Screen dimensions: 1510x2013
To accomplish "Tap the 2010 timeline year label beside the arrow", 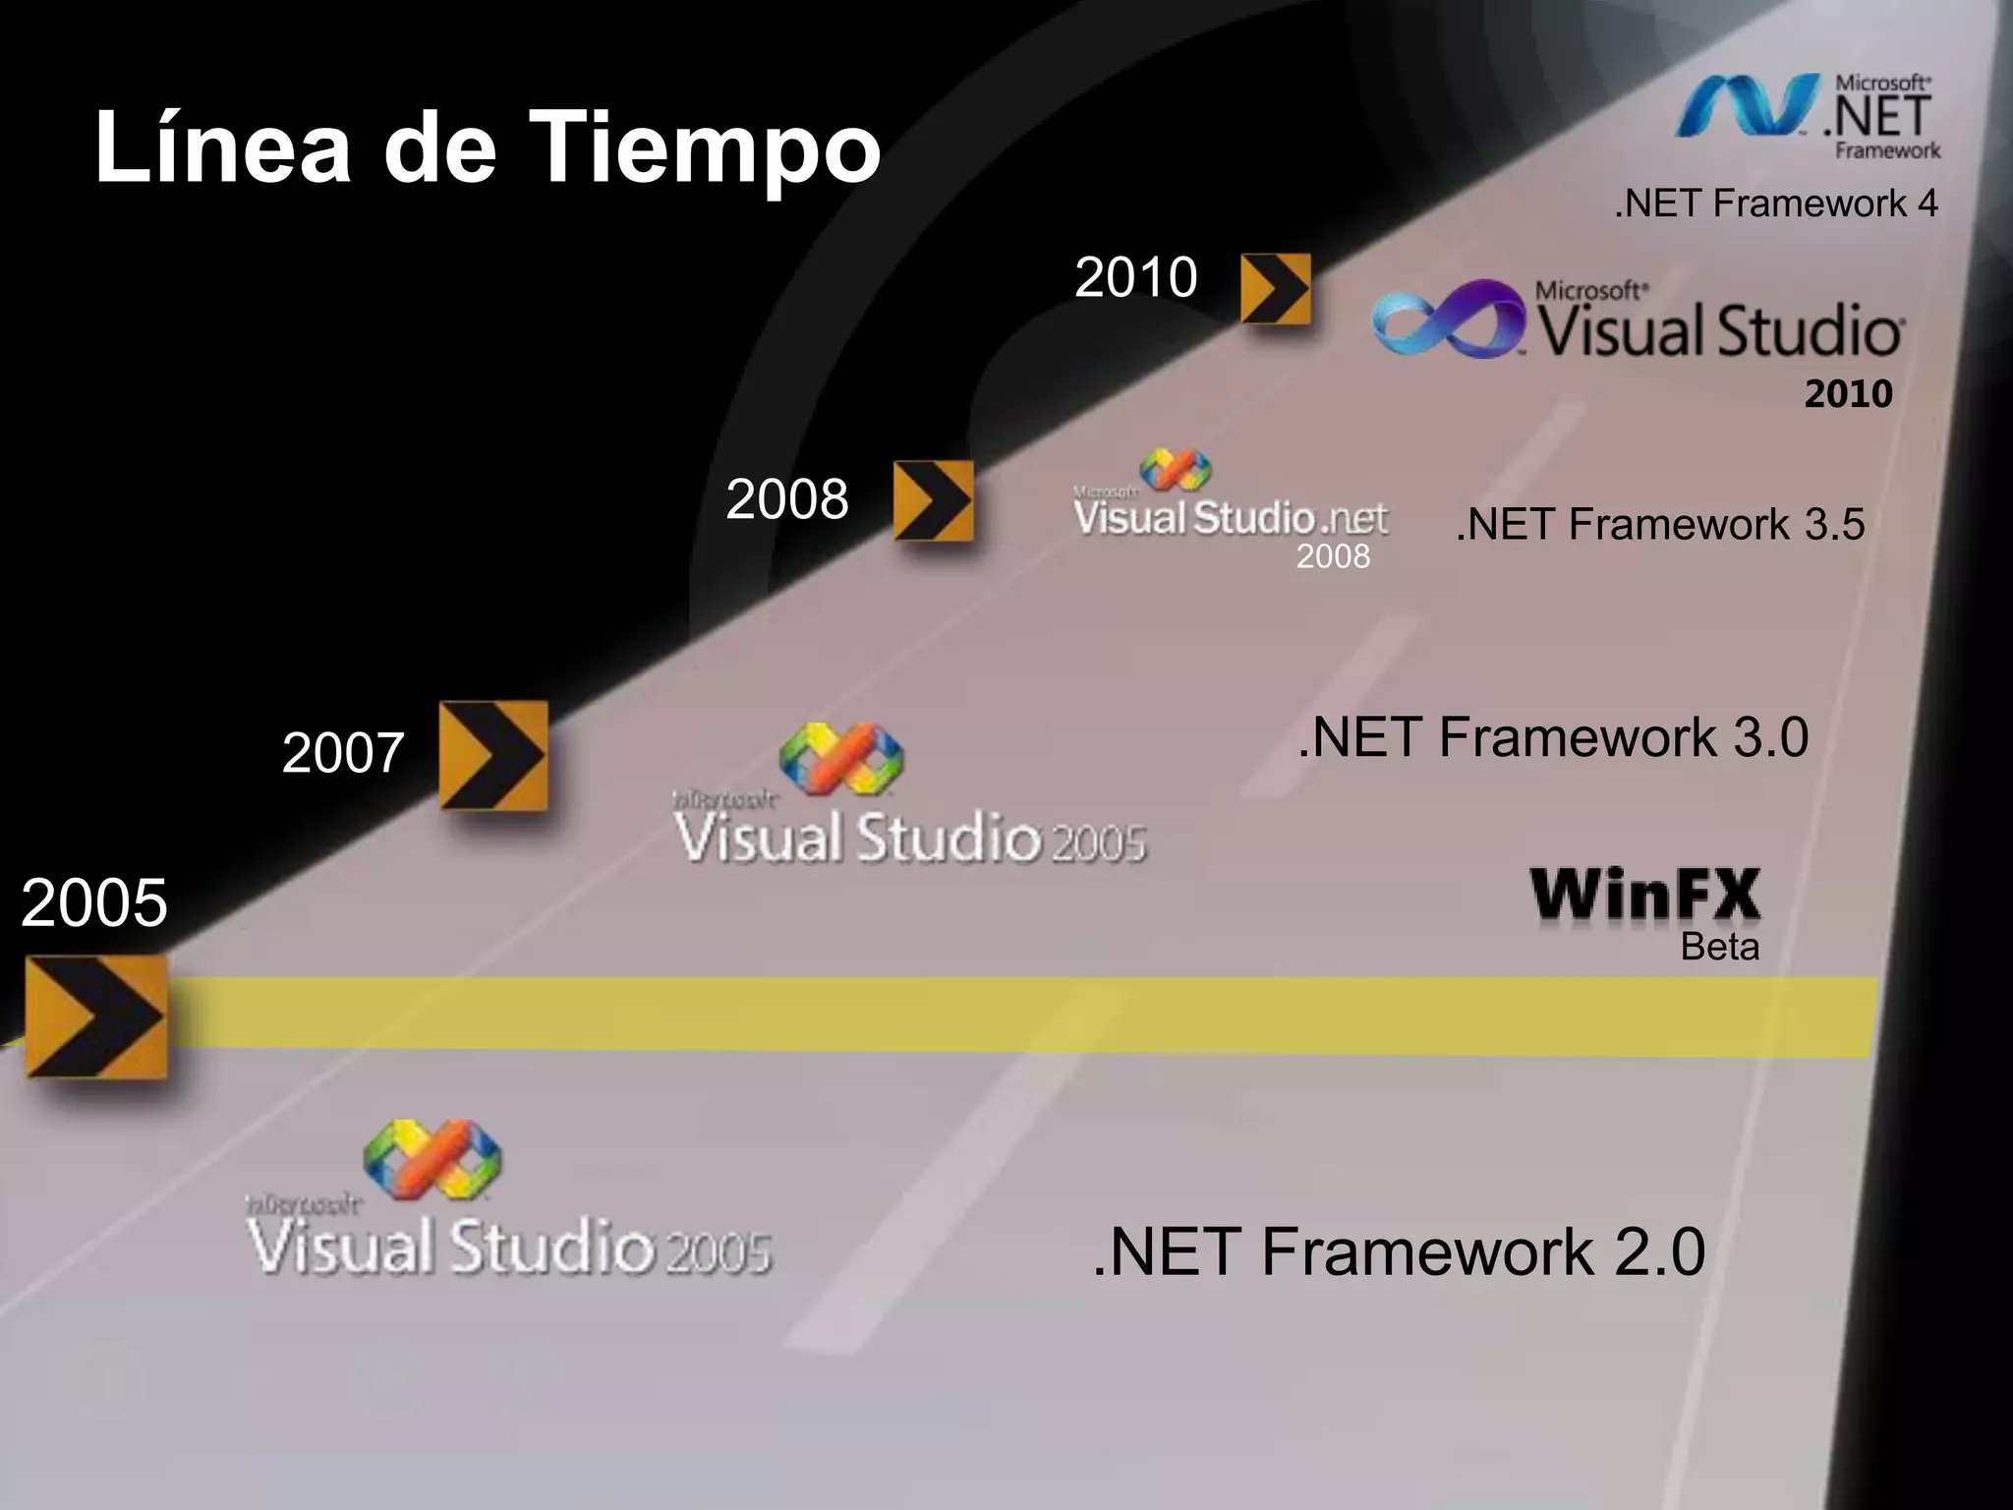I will [x=1135, y=277].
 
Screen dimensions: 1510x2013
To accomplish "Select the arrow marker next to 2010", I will [x=1276, y=288].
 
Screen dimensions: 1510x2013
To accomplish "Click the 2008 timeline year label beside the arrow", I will [x=787, y=499].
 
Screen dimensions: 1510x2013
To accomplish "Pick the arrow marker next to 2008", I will [x=933, y=500].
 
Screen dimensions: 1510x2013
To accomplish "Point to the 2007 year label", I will [x=343, y=753].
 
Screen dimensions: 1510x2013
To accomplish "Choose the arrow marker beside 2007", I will [x=492, y=755].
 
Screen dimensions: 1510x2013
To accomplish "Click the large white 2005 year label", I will [x=94, y=902].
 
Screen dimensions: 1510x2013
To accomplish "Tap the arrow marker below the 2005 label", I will [x=95, y=1016].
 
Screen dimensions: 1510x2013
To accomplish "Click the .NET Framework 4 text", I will [x=1776, y=203].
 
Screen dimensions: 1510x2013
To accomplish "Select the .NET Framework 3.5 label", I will [x=1660, y=524].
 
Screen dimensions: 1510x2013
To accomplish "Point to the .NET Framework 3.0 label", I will [x=1553, y=737].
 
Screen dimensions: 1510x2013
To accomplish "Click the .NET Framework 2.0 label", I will [x=1399, y=1251].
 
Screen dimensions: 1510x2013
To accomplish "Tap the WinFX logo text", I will [x=1645, y=895].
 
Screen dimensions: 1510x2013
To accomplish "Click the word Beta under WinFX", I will [x=1719, y=947].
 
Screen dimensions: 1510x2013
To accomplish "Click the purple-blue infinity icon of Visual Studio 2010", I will [x=1449, y=319].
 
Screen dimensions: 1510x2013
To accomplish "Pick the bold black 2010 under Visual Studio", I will [x=1848, y=394].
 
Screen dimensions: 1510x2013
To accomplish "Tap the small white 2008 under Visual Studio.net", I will [x=1333, y=557].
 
